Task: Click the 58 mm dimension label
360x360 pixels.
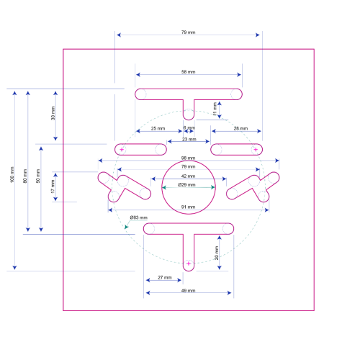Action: [188, 72]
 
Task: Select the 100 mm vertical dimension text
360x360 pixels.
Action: [12, 175]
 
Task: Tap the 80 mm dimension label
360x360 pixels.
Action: [25, 176]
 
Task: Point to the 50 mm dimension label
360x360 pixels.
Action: [38, 176]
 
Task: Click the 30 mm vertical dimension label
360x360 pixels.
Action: [53, 113]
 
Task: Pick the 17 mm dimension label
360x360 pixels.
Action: [53, 186]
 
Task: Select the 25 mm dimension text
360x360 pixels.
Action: [158, 128]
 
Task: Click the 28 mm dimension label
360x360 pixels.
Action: [240, 128]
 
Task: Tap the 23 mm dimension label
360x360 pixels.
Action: [189, 139]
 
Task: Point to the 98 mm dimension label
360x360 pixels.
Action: [188, 158]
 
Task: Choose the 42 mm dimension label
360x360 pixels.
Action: [188, 176]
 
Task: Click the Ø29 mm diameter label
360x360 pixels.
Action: [186, 184]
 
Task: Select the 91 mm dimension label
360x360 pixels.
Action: [188, 207]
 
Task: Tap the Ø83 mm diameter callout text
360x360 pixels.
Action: [139, 217]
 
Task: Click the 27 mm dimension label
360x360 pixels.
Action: [165, 277]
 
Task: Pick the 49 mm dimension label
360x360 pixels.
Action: [188, 290]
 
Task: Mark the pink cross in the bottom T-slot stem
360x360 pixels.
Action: [189, 264]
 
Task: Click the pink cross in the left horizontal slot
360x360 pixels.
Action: [122, 150]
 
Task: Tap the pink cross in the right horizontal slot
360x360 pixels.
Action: [256, 150]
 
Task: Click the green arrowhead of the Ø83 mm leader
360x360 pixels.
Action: [126, 227]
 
